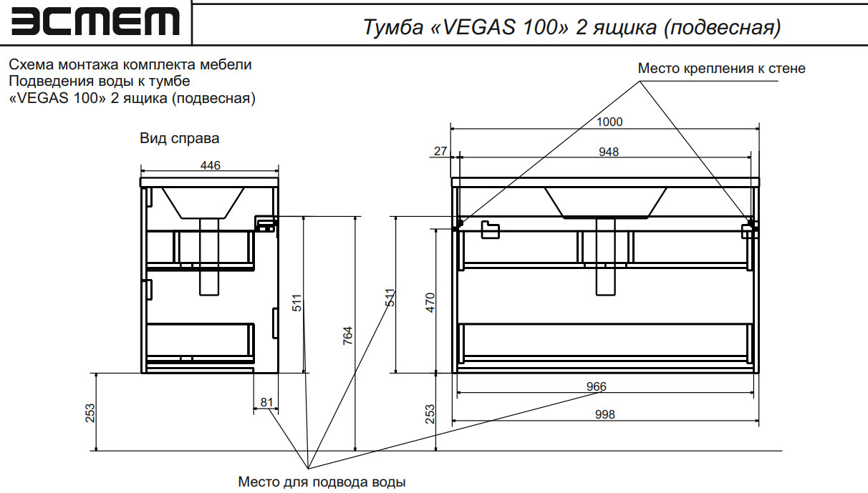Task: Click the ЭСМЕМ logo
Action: pyautogui.click(x=95, y=22)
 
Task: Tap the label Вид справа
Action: pyautogui.click(x=179, y=138)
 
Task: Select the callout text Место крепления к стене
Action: pyautogui.click(x=722, y=69)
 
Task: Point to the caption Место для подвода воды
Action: pyautogui.click(x=322, y=482)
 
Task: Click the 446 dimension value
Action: pyautogui.click(x=210, y=165)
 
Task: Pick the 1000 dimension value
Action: pyautogui.click(x=609, y=122)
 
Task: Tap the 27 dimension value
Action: pyautogui.click(x=440, y=151)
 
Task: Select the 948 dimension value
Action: pyautogui.click(x=609, y=151)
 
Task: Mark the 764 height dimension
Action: pyautogui.click(x=347, y=336)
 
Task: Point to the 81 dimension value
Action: pyautogui.click(x=266, y=402)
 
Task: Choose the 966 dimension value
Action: pyautogui.click(x=596, y=386)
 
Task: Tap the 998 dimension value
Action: pyautogui.click(x=604, y=414)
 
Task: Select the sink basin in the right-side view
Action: pyautogui.click(x=203, y=202)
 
